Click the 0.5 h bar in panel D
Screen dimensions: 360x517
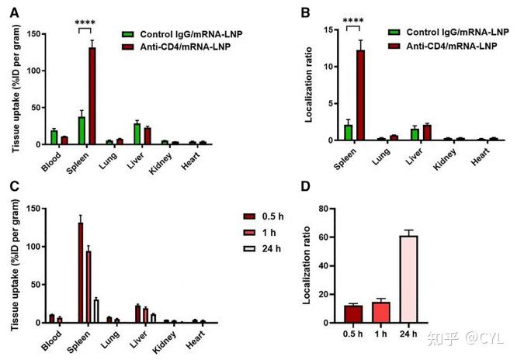pyautogui.click(x=354, y=314)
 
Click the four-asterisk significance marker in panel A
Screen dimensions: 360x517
pyautogui.click(x=85, y=22)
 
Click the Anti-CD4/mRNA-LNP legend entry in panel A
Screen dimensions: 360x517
pyautogui.click(x=181, y=47)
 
